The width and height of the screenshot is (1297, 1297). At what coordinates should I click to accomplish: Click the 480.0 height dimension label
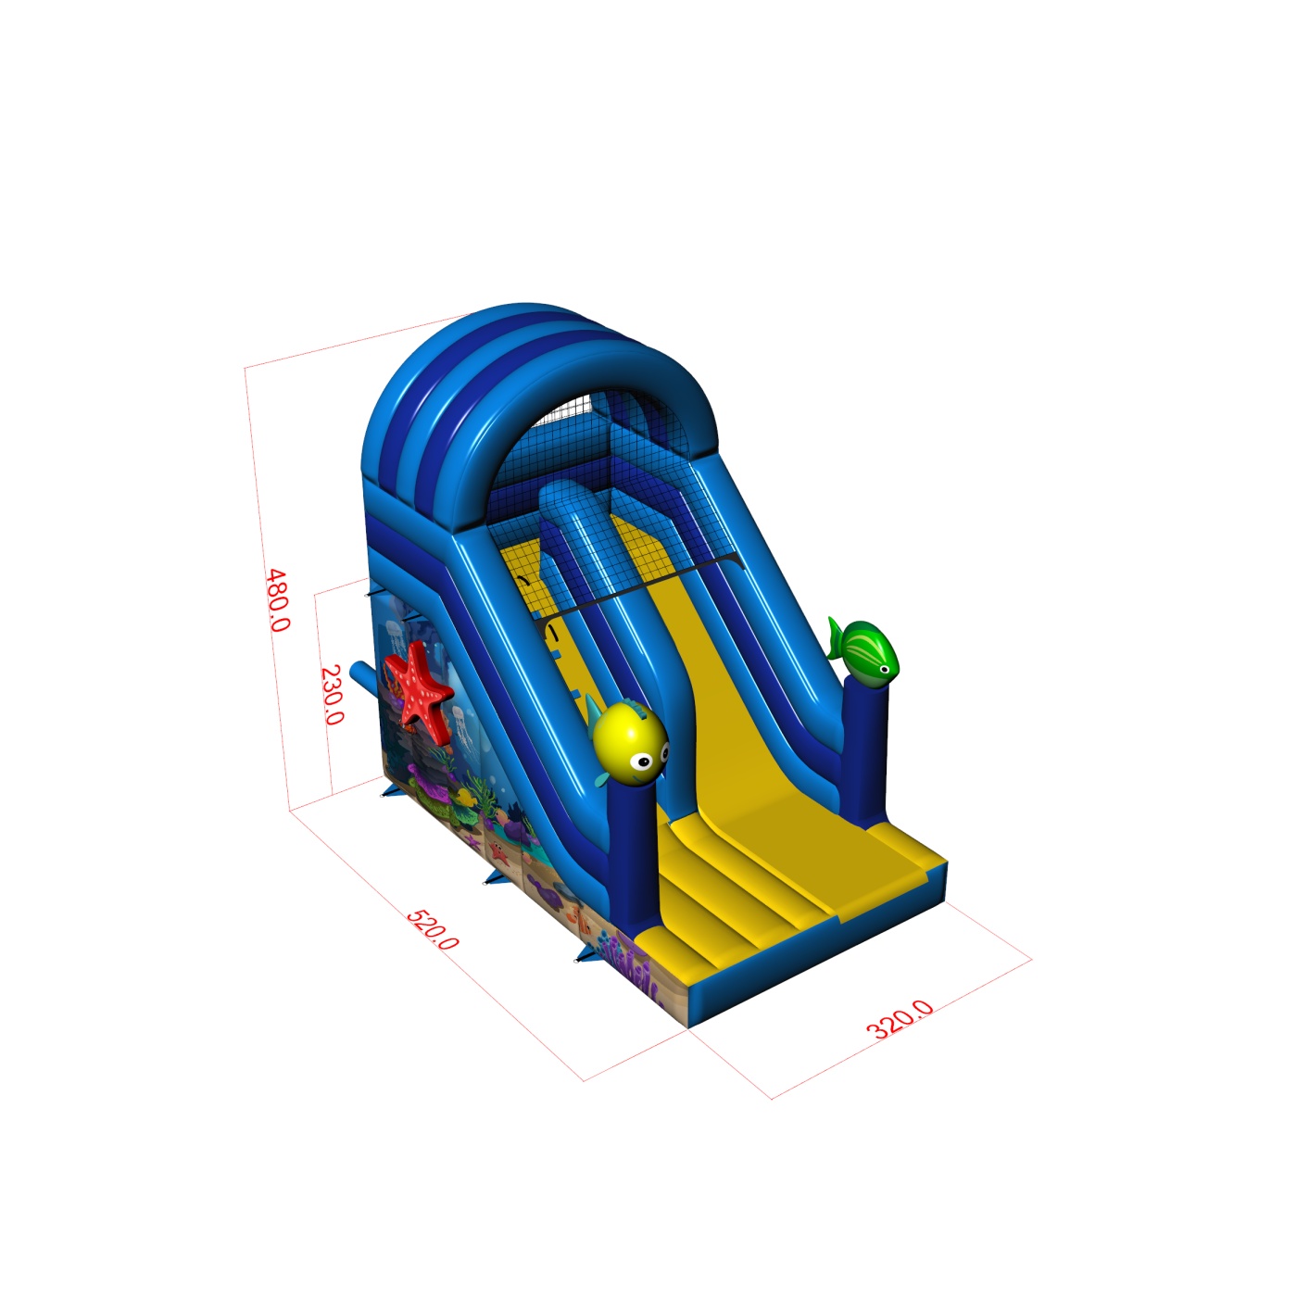(x=278, y=600)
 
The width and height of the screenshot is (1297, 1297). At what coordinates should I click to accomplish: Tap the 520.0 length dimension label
(x=433, y=929)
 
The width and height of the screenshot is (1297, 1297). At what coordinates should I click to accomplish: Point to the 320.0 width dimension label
(x=900, y=1020)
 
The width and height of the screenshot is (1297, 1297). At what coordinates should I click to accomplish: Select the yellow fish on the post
(x=628, y=741)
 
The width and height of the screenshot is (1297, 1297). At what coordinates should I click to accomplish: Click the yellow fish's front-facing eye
(x=644, y=762)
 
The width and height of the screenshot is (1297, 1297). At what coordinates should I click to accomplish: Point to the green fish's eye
(x=885, y=669)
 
